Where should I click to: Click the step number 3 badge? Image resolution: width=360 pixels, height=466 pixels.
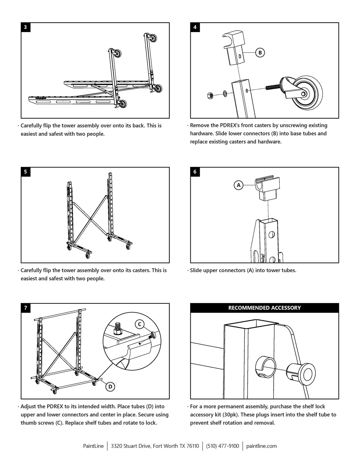[26, 27]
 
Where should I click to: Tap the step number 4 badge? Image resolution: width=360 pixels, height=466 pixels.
[195, 27]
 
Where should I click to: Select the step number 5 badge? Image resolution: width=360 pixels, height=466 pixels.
[26, 172]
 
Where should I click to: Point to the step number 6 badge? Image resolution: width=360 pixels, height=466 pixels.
[195, 172]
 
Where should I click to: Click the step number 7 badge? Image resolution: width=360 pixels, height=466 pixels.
[26, 308]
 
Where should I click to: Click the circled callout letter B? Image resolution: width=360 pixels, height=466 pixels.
[260, 52]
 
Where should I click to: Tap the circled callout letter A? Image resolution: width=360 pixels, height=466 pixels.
[238, 185]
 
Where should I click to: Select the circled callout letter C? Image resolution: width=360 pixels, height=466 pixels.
[140, 324]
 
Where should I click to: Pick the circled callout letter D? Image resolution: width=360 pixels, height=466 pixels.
[110, 387]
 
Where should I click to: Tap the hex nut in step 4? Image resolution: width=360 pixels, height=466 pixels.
[211, 95]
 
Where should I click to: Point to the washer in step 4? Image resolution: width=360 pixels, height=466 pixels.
[225, 93]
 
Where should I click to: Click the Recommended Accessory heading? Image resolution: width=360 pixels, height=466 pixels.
[264, 308]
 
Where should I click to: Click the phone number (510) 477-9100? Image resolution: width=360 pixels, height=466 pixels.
[222, 446]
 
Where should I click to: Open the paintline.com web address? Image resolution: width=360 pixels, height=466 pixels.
[261, 446]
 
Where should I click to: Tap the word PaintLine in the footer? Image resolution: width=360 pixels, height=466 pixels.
[93, 446]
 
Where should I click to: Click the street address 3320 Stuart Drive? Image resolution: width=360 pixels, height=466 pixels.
[155, 446]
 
